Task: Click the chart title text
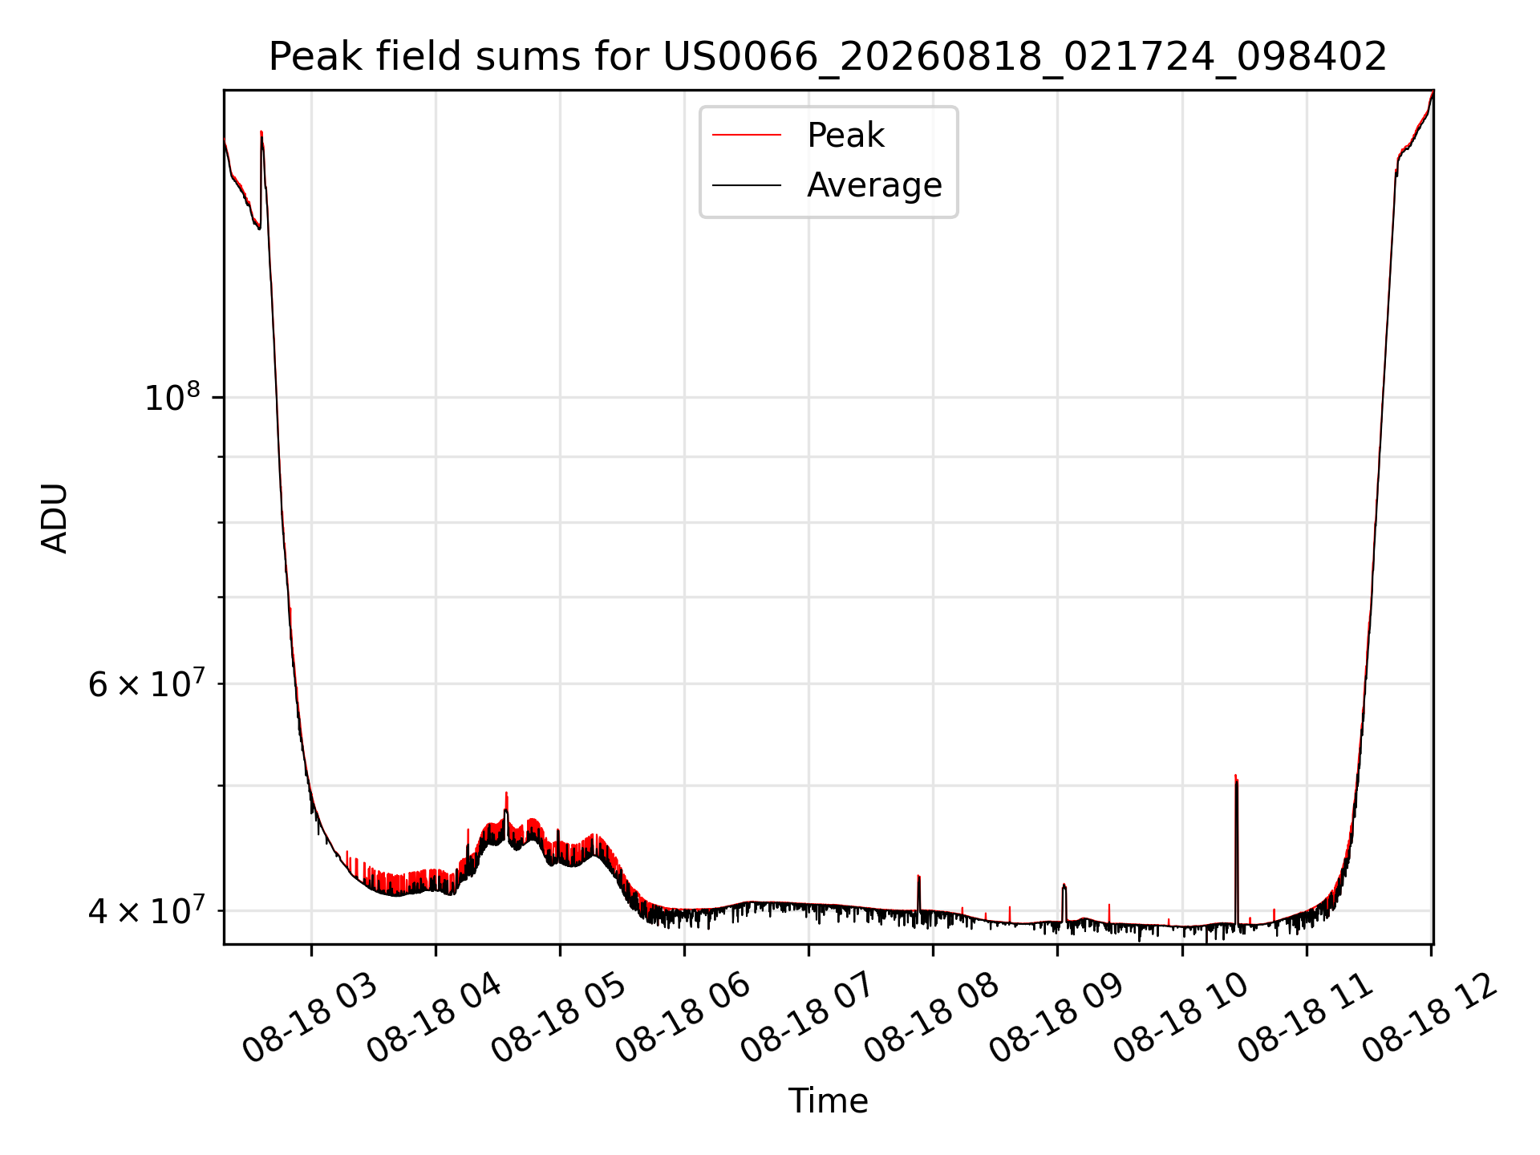828,57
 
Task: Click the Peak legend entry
845,136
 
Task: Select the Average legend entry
874,185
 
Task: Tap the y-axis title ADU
55,517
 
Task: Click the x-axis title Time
828,1101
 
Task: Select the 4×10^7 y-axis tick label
147,910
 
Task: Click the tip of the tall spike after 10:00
1235,775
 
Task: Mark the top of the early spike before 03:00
261,132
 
